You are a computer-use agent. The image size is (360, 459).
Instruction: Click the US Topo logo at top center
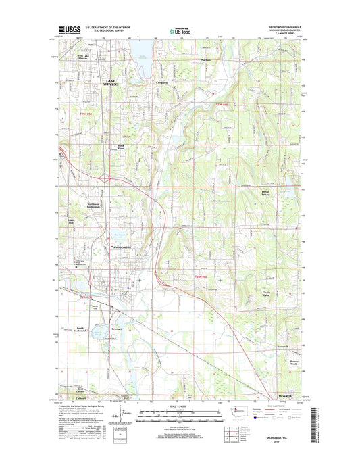point(179,30)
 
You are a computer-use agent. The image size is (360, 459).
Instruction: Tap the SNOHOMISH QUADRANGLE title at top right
point(287,27)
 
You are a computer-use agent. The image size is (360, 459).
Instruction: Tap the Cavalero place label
point(161,82)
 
